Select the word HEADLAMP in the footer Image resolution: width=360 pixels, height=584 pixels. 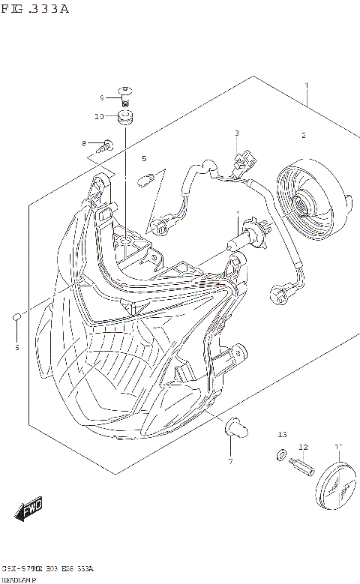pyautogui.click(x=20, y=579)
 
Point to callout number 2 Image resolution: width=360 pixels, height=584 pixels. pyautogui.click(x=303, y=136)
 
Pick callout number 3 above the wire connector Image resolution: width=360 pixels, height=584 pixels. pyautogui.click(x=236, y=133)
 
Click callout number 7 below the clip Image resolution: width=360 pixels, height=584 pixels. pyautogui.click(x=230, y=460)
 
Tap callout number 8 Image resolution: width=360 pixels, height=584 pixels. pyautogui.click(x=85, y=142)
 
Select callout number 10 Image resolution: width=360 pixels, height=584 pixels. pyautogui.click(x=98, y=116)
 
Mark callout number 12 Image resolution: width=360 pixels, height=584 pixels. pyautogui.click(x=303, y=448)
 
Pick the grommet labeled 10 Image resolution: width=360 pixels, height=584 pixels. pyautogui.click(x=124, y=116)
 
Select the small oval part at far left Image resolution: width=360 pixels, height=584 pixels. pyautogui.click(x=16, y=320)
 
